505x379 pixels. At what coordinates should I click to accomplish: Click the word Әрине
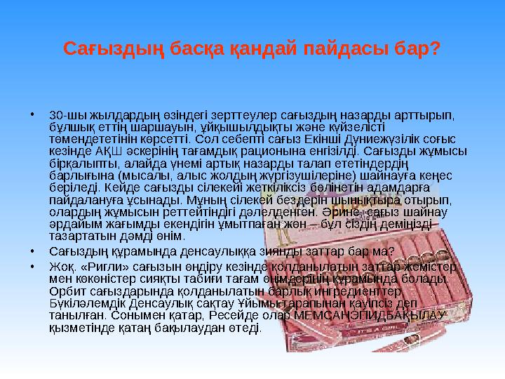coord(352,211)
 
